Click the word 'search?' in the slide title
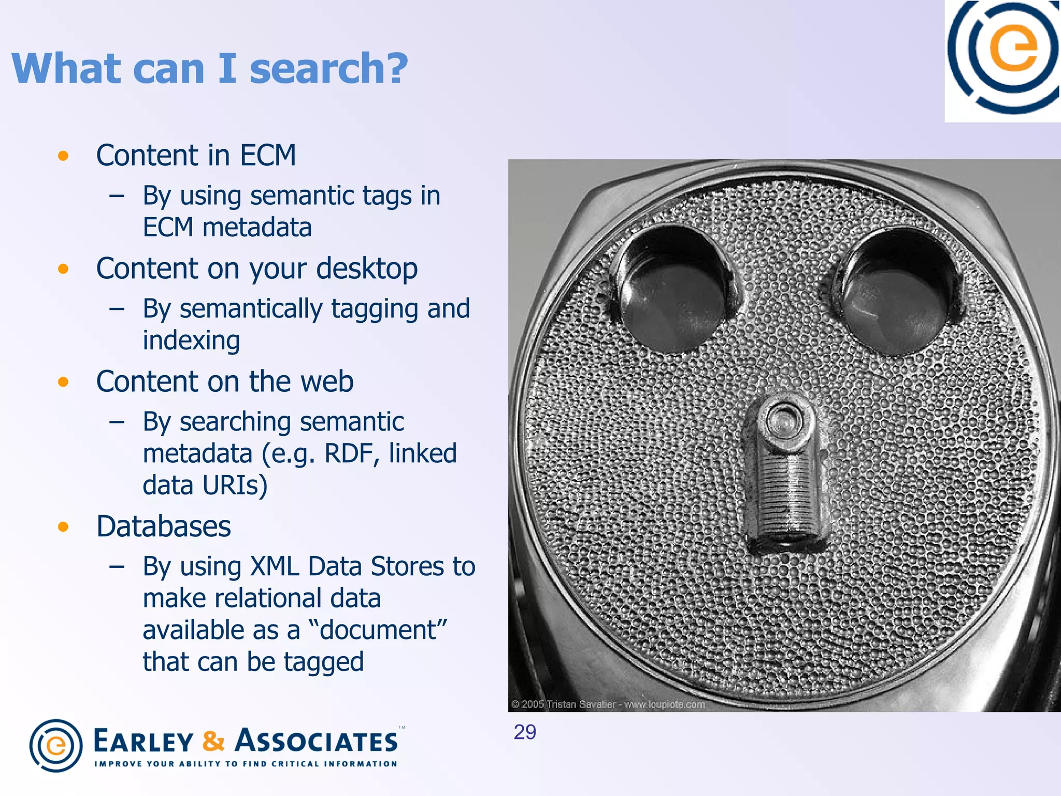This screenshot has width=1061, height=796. point(328,69)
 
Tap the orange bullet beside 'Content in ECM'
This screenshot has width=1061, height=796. point(63,156)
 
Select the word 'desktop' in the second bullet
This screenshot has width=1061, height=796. point(366,269)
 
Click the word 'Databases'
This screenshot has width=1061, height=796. point(163,527)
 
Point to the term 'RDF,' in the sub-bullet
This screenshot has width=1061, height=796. point(352,453)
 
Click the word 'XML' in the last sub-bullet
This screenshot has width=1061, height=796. point(275,566)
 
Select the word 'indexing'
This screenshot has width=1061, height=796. point(191,341)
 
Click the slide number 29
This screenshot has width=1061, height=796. point(525,732)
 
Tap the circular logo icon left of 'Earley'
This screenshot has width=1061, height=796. point(56,746)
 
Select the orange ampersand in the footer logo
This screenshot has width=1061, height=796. point(213,741)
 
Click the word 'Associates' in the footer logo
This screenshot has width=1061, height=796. point(317,741)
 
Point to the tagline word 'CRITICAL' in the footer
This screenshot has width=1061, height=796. point(295,764)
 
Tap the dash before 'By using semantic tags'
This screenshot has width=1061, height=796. point(117,196)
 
